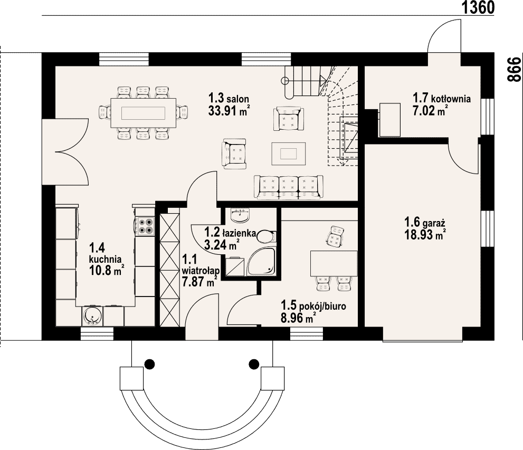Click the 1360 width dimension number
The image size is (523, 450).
[x=478, y=8]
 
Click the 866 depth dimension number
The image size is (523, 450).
[x=514, y=70]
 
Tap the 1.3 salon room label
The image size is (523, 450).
[x=229, y=99]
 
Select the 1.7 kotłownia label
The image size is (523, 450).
[x=442, y=98]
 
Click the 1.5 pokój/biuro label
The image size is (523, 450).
[x=313, y=305]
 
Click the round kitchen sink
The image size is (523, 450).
[x=92, y=315]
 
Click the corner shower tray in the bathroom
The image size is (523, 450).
[x=261, y=262]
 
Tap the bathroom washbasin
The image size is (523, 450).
[x=240, y=215]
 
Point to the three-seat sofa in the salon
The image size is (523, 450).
[x=288, y=187]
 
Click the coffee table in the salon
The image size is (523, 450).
[x=288, y=154]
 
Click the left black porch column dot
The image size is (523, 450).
[x=149, y=363]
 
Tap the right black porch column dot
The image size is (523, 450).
[x=254, y=363]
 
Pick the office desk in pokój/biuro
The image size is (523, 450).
[x=334, y=264]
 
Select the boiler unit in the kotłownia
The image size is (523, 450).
[x=389, y=120]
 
